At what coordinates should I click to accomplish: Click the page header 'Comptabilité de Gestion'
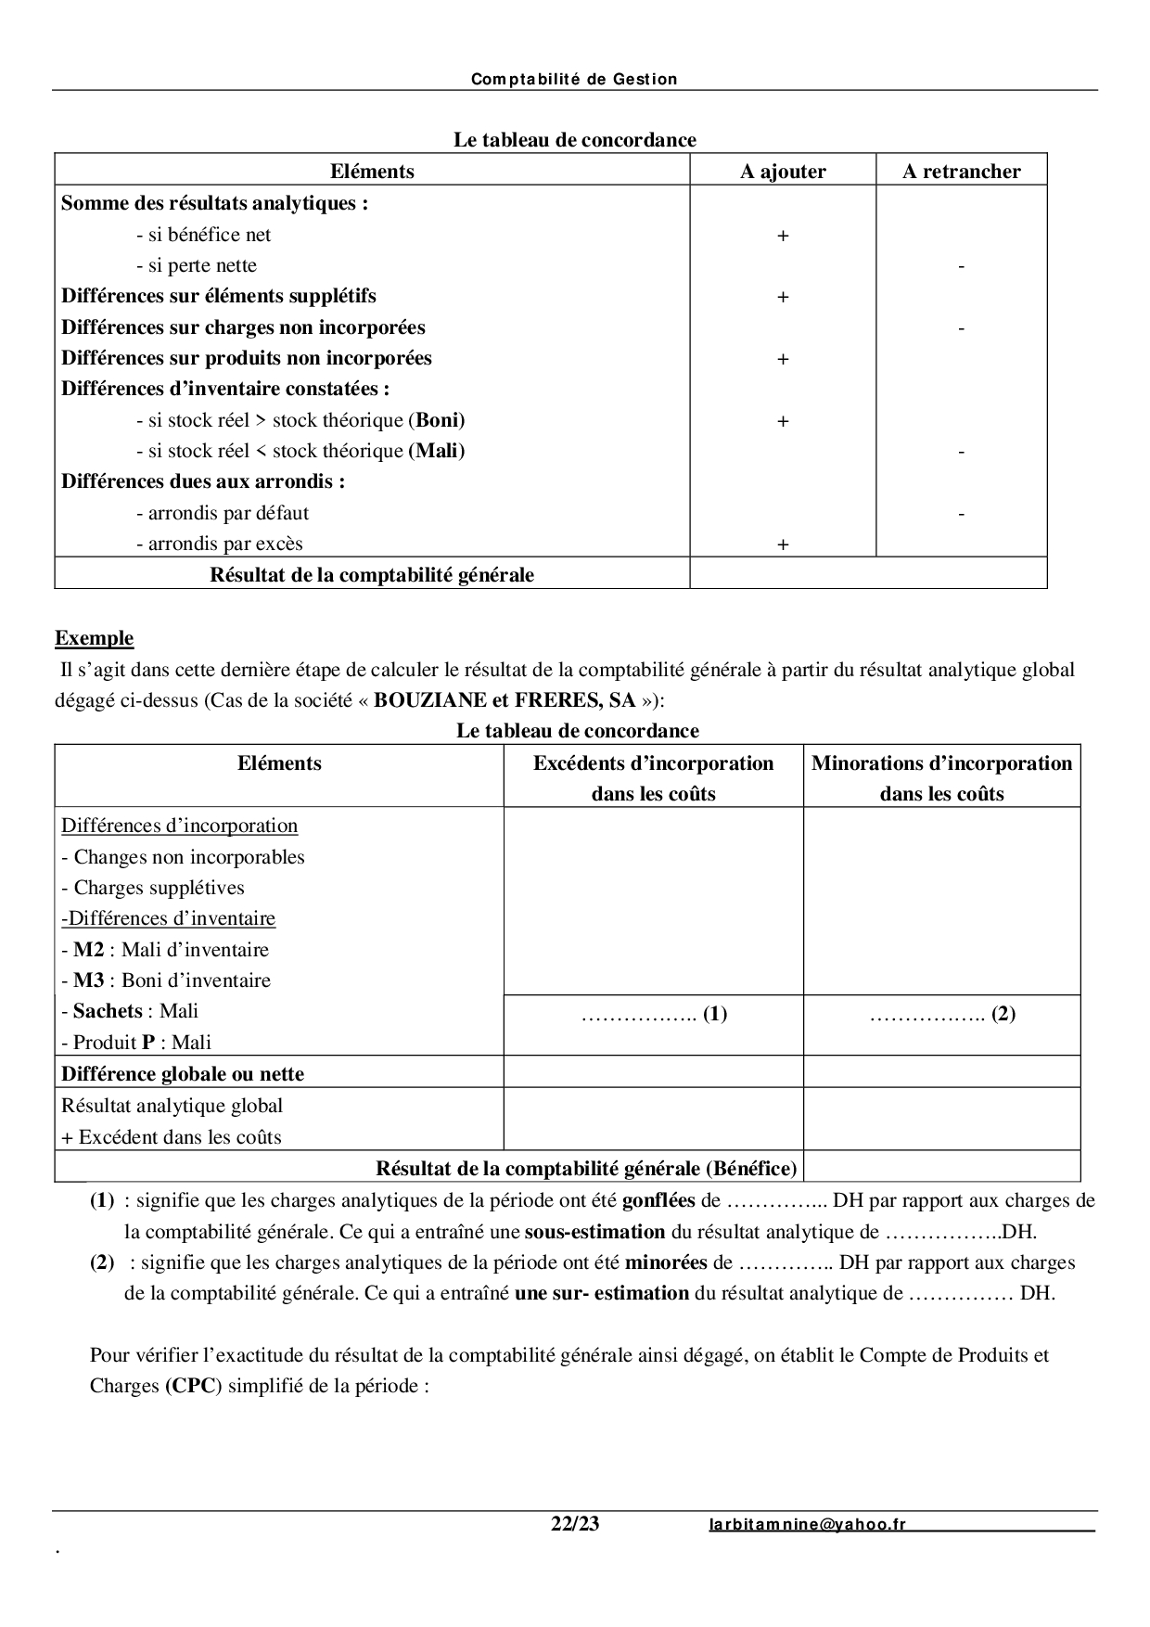(574, 80)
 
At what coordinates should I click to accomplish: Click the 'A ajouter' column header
(783, 172)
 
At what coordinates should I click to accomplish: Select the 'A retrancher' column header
(961, 172)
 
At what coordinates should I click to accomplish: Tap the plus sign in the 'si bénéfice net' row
(783, 237)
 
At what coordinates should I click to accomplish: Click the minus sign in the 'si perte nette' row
(961, 267)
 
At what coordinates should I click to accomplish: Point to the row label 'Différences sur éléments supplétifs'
(219, 296)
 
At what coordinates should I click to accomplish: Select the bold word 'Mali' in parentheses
(437, 451)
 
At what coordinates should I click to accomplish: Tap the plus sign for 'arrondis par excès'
(783, 545)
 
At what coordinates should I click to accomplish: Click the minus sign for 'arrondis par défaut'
(961, 514)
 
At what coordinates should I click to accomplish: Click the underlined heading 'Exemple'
(94, 638)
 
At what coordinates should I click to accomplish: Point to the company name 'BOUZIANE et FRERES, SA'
(505, 700)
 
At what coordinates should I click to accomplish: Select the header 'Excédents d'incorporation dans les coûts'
(653, 777)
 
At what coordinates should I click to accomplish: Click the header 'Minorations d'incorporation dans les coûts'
(941, 777)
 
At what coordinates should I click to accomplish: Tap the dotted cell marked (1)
(654, 1014)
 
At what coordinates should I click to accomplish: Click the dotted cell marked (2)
(942, 1014)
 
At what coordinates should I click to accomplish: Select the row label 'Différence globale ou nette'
(183, 1074)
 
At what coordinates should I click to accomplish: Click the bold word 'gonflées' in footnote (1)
(658, 1200)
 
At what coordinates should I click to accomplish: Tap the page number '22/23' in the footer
(575, 1524)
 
